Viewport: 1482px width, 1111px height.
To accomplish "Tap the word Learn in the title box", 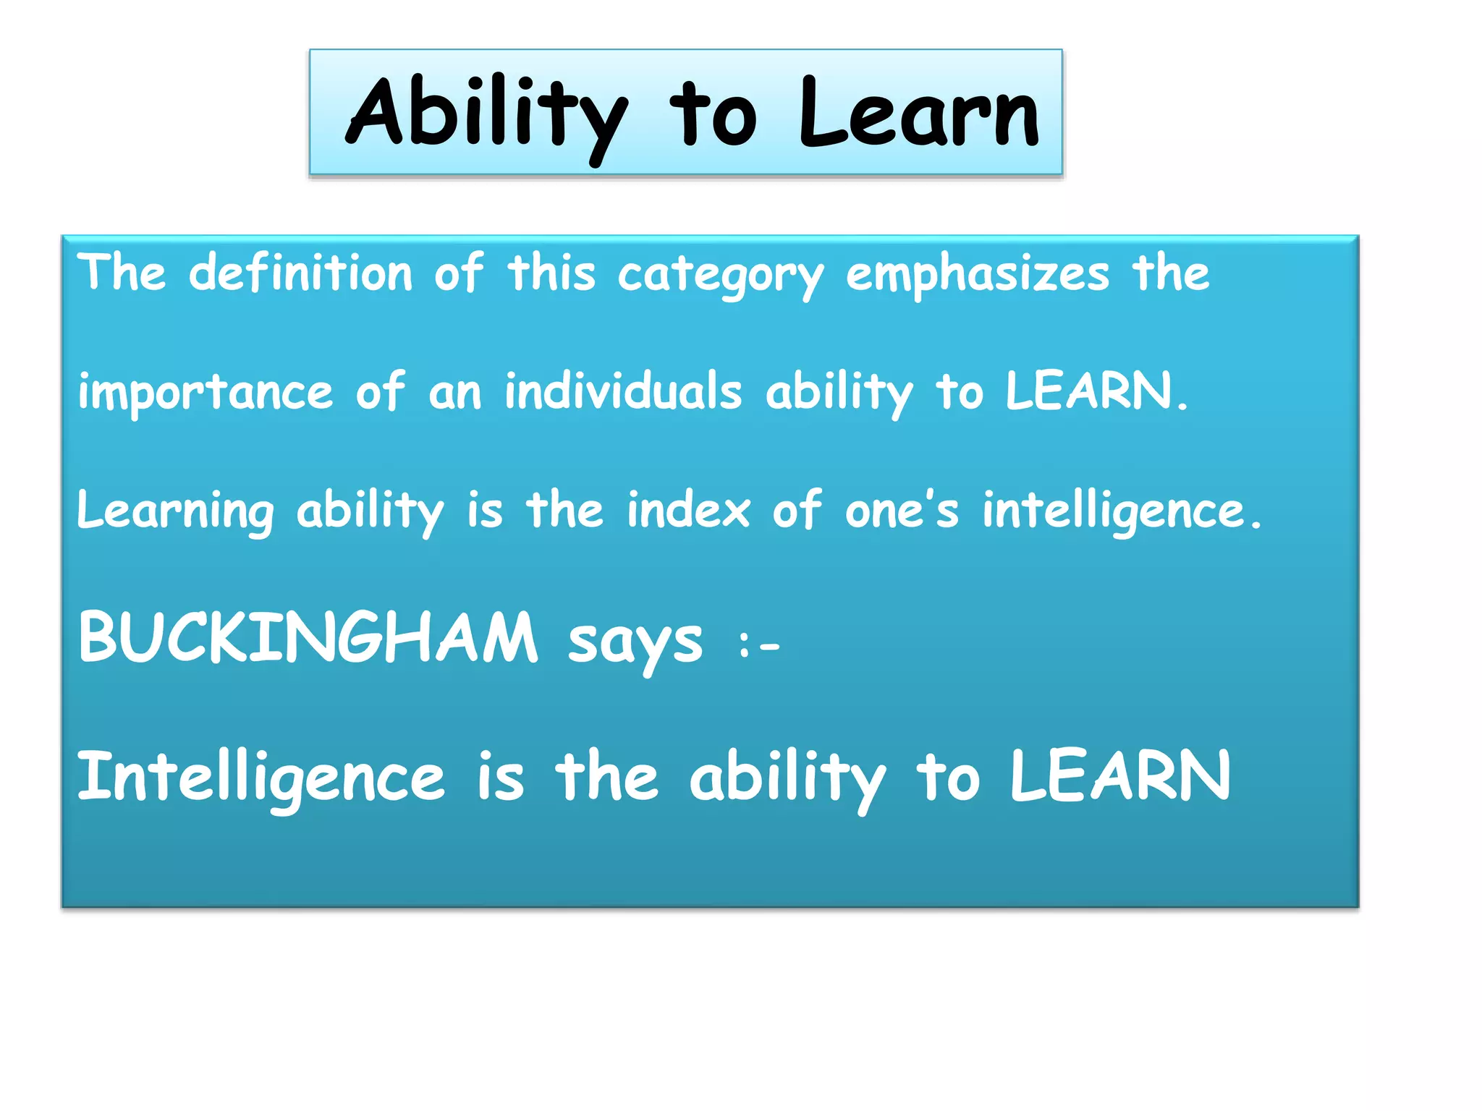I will tap(919, 114).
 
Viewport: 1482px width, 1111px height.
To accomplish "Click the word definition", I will tap(300, 273).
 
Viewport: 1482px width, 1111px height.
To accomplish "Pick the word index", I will tap(688, 510).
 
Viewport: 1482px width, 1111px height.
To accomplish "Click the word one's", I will tap(902, 510).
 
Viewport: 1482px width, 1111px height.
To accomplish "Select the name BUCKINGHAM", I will tap(308, 637).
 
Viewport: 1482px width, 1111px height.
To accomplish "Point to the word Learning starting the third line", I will tap(176, 511).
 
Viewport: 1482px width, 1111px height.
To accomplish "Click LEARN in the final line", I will tap(1119, 776).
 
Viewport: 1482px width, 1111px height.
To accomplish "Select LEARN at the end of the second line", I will tap(1088, 391).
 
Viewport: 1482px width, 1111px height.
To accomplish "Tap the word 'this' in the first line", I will tap(551, 273).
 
